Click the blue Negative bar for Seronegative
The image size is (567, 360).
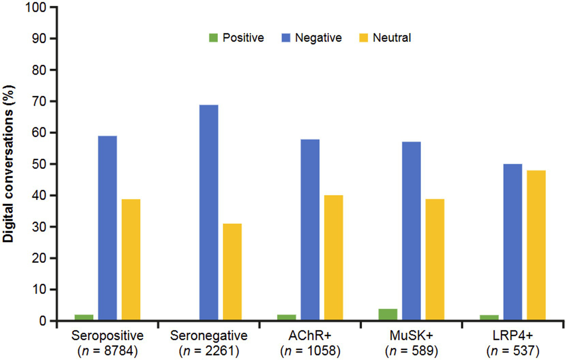point(209,213)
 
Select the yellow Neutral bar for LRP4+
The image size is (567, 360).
point(536,245)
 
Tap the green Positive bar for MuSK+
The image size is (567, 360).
point(388,315)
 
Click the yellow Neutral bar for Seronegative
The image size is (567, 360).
point(232,272)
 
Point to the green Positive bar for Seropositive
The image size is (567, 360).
point(84,317)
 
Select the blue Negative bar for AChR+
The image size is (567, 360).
point(310,230)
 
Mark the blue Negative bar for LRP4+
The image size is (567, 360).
point(513,242)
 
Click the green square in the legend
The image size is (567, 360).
point(214,38)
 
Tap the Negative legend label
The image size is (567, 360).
point(318,38)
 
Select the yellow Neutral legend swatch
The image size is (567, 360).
point(363,38)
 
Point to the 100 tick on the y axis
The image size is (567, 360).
point(35,7)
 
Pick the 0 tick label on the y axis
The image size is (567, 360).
point(43,321)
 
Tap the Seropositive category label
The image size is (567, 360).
point(107,336)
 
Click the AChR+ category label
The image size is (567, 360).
point(310,336)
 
